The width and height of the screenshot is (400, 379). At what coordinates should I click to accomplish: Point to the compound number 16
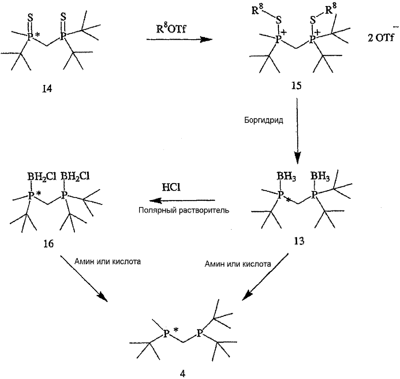click(48, 243)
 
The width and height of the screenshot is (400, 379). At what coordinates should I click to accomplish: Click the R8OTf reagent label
click(171, 29)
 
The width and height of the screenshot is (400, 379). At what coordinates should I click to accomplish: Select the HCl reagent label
click(171, 188)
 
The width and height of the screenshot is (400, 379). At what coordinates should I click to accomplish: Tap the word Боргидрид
click(264, 120)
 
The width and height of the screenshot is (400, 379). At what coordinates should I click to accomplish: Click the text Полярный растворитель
click(184, 210)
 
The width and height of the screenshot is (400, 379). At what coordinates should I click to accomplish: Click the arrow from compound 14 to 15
click(179, 39)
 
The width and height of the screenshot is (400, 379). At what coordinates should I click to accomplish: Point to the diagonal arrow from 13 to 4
click(266, 277)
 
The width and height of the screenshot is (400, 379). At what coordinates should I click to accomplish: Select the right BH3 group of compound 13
click(320, 177)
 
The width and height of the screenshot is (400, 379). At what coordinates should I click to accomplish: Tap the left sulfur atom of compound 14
click(30, 18)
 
